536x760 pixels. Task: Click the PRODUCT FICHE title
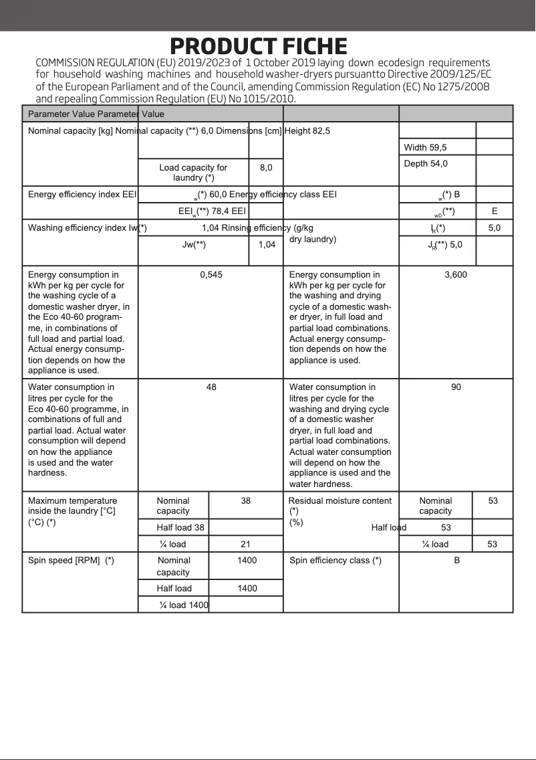coord(259,46)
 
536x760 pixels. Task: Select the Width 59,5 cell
coord(425,147)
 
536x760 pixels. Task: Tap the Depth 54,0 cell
coord(426,164)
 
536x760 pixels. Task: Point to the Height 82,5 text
coord(307,131)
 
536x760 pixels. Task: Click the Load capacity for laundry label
coord(193,173)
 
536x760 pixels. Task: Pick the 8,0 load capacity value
coord(266,168)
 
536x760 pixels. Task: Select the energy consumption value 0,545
coord(211,275)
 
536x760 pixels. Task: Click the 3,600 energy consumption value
coord(456,275)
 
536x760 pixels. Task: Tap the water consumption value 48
coord(211,387)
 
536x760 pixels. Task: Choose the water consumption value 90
coord(456,387)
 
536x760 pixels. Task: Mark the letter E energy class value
coord(495,211)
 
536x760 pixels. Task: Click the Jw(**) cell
coord(194,245)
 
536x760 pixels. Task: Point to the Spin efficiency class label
coord(336,561)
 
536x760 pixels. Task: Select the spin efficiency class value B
coord(456,561)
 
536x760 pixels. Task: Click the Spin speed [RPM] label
coord(71,561)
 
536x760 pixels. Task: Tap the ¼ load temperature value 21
coord(245,545)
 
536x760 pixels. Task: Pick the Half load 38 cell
coord(180,528)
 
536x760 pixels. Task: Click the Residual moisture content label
coord(340,501)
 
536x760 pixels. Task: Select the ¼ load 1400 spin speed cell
coord(184,605)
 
